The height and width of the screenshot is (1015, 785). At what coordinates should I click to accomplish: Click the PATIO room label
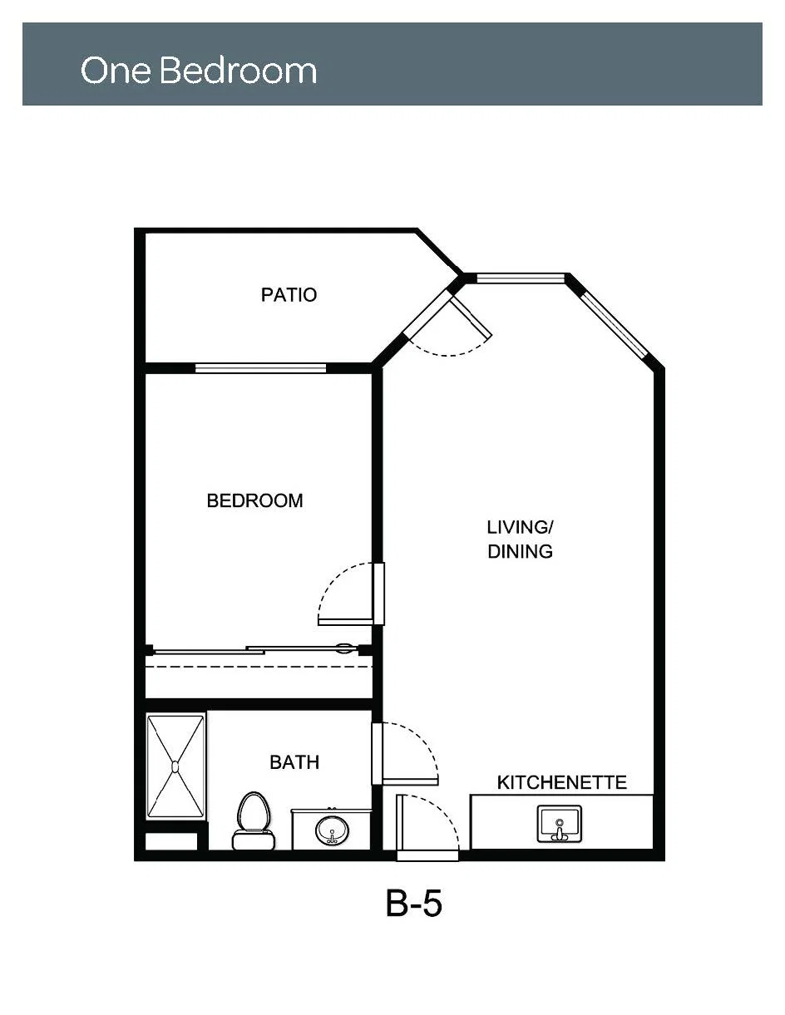289,295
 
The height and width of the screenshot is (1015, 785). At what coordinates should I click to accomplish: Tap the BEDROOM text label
254,500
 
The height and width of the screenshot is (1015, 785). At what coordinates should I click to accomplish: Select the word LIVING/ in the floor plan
520,527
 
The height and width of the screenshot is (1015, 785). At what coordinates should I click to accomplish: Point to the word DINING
520,552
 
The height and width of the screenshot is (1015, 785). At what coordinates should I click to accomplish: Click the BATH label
294,762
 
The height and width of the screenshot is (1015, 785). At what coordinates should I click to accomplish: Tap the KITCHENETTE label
561,782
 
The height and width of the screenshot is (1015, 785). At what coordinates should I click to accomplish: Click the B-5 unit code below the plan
414,904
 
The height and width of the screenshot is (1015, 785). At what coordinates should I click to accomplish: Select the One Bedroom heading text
199,70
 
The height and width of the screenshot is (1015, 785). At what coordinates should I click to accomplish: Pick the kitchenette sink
560,824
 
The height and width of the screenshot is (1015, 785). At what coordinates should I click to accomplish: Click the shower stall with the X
175,766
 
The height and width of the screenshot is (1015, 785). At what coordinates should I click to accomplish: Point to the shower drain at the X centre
175,766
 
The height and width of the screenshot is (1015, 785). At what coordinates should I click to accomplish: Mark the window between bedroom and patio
260,368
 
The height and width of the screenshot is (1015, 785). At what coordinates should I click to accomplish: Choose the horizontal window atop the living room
521,279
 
